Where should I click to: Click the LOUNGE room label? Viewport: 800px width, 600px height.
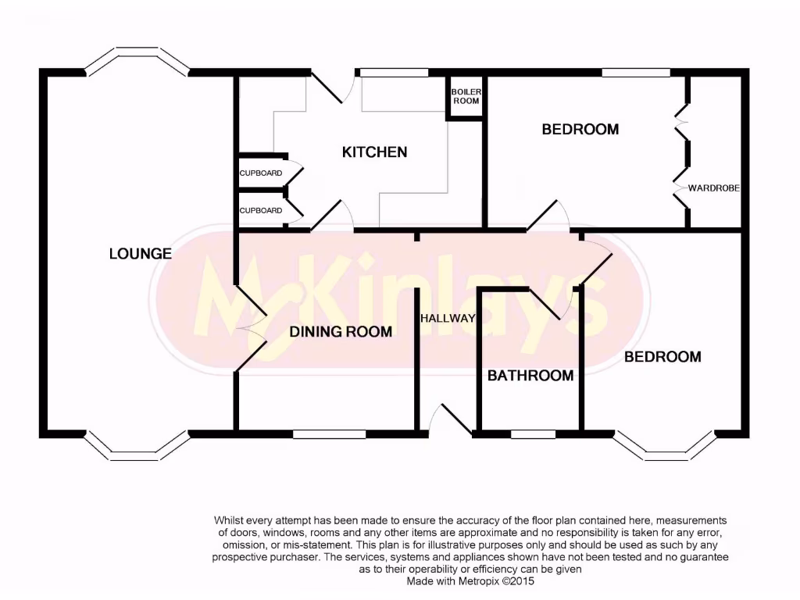[x=141, y=253]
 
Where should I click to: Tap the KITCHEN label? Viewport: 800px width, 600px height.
[x=374, y=152]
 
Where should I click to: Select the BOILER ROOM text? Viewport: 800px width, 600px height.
[x=466, y=96]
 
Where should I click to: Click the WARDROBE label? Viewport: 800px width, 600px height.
[x=713, y=188]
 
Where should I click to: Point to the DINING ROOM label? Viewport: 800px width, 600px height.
[x=341, y=331]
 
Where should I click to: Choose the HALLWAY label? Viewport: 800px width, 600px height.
[x=448, y=318]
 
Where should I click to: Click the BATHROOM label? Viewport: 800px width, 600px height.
[x=530, y=376]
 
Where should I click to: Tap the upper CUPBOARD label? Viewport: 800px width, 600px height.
[x=260, y=173]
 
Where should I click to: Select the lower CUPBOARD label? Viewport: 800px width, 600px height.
[x=260, y=210]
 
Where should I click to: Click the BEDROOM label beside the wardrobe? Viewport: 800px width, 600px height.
[x=580, y=129]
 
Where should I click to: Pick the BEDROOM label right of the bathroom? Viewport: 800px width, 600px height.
[x=662, y=356]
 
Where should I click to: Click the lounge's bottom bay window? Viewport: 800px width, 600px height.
[x=137, y=445]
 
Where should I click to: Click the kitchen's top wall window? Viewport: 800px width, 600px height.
[x=395, y=73]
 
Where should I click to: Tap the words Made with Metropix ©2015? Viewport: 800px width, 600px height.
[x=470, y=581]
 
